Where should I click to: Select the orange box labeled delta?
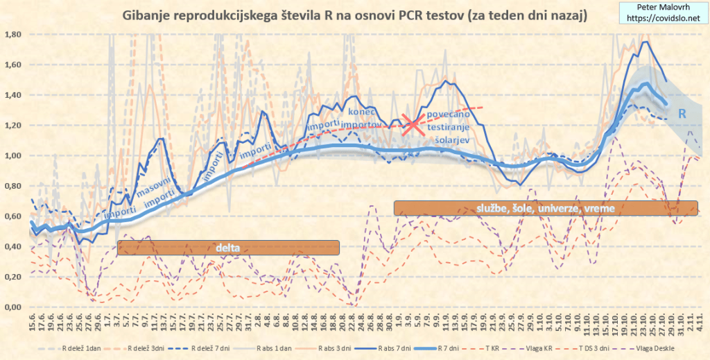(x=228, y=248)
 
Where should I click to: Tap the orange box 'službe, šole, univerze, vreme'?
(x=545, y=207)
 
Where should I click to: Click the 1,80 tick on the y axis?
(x=14, y=34)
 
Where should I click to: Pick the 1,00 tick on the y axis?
(x=14, y=155)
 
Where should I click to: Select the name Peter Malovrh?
(x=662, y=8)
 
